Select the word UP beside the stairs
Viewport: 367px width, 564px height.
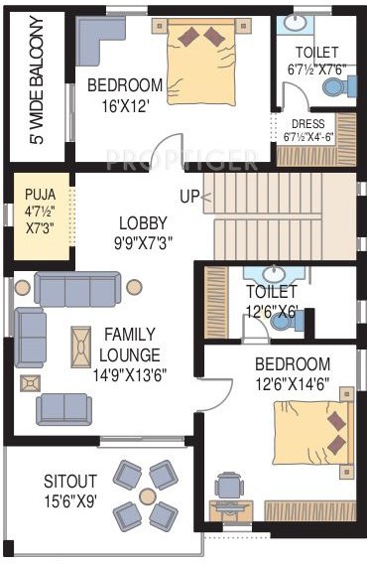point(190,196)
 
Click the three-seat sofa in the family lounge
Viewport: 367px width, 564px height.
point(77,290)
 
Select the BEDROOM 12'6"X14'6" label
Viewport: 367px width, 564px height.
point(292,373)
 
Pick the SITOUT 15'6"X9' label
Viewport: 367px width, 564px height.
point(69,490)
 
